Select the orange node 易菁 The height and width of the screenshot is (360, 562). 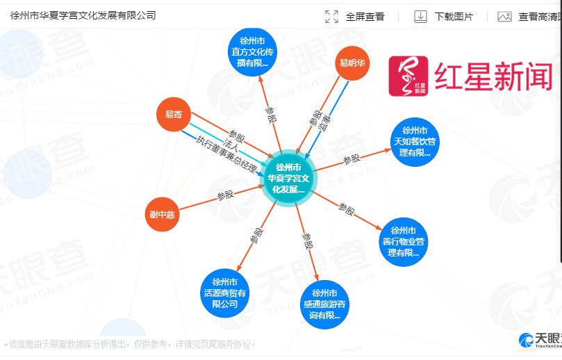pyautogui.click(x=169, y=114)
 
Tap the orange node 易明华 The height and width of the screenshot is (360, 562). pyautogui.click(x=352, y=63)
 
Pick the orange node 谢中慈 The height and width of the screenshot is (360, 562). pyautogui.click(x=162, y=215)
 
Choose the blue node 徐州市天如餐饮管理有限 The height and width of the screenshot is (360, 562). pyautogui.click(x=415, y=141)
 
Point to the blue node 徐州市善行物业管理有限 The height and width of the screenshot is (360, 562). pyautogui.click(x=404, y=241)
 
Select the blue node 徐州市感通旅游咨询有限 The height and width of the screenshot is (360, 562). pyautogui.click(x=324, y=304)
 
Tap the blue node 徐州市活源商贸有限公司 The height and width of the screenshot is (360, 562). pyautogui.click(x=224, y=293)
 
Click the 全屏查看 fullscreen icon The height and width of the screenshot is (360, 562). pyautogui.click(x=332, y=17)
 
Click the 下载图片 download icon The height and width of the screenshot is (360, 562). pyautogui.click(x=420, y=17)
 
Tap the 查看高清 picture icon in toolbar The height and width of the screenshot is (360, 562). pyautogui.click(x=505, y=17)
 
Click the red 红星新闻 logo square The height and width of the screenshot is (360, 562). pyautogui.click(x=409, y=76)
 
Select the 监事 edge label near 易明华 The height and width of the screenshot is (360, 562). pyautogui.click(x=322, y=122)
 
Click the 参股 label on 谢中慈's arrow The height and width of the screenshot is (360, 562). pyautogui.click(x=225, y=195)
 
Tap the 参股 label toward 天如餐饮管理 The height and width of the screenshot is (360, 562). pyautogui.click(x=352, y=159)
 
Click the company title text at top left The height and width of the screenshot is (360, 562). pyautogui.click(x=83, y=15)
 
